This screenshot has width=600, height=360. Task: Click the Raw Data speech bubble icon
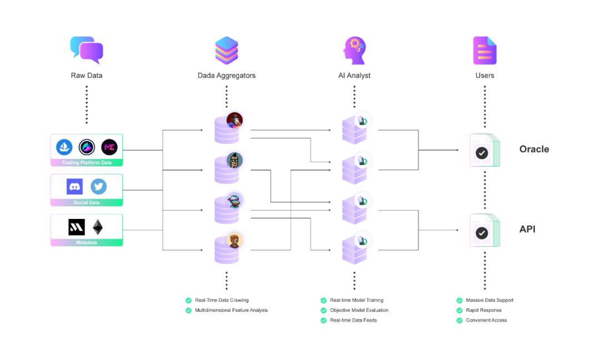(87, 49)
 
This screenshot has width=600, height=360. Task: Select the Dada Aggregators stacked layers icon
(227, 51)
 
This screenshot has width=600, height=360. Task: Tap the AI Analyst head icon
(354, 51)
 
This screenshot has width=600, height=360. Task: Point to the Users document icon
(484, 51)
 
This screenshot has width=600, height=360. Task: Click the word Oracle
(534, 149)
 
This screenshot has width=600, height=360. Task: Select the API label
(527, 229)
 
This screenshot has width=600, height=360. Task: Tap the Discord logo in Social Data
(74, 187)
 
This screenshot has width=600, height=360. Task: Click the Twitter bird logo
(99, 187)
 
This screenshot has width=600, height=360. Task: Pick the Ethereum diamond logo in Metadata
(98, 227)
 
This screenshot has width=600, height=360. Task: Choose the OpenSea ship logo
(64, 147)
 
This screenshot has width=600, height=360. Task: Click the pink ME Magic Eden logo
(109, 147)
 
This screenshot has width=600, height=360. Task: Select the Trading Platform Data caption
(87, 163)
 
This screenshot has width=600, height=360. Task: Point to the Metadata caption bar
(87, 243)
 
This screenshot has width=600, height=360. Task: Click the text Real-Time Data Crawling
(222, 300)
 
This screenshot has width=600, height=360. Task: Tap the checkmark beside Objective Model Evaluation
(323, 310)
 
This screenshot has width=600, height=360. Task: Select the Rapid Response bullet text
(483, 310)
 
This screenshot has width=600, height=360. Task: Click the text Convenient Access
(486, 320)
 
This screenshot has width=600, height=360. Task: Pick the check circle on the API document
(482, 233)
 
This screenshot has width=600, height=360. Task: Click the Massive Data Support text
(489, 300)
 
